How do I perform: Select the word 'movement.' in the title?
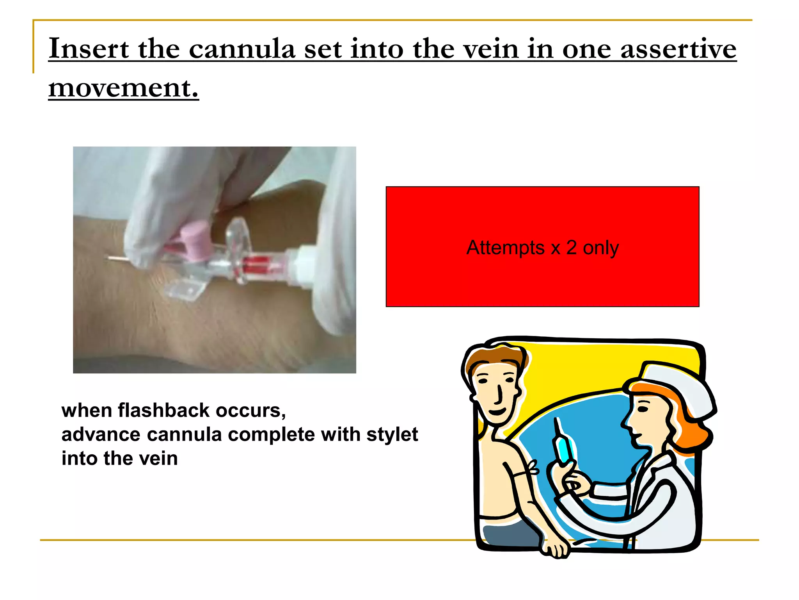pos(123,87)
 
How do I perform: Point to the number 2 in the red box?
pos(571,247)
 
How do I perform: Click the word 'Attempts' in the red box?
pos(505,247)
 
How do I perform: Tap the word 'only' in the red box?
pos(601,248)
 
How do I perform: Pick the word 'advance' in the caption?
pos(101,435)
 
